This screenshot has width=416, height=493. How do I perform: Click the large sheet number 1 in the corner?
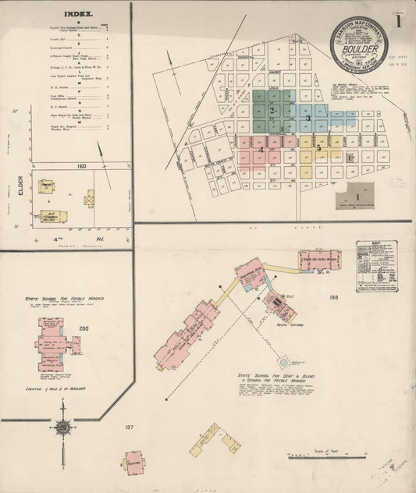(x=399, y=21)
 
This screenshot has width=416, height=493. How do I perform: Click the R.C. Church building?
(x=53, y=216)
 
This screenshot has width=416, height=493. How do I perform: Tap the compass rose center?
(x=62, y=427)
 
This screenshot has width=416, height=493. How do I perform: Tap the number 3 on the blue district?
(x=308, y=118)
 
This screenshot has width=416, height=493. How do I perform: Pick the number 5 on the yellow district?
(x=319, y=146)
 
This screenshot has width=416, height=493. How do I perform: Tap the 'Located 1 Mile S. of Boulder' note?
(x=54, y=388)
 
